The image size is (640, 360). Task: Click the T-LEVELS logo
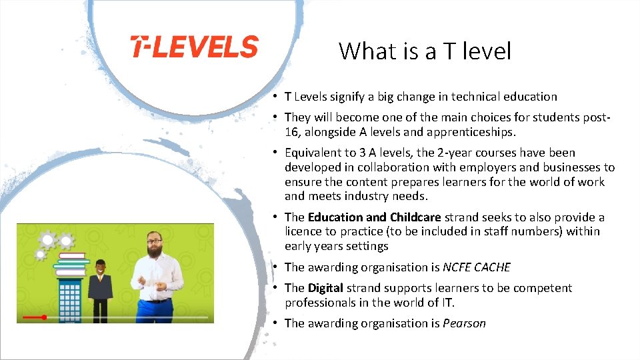point(194,47)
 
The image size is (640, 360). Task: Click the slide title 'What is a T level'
point(425,51)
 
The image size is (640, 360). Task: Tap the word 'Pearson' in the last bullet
point(464,323)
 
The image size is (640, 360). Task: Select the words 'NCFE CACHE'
point(477,267)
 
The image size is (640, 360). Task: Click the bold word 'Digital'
point(325,288)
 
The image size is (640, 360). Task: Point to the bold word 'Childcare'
point(415,217)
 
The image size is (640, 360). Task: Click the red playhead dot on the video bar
point(44,317)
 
